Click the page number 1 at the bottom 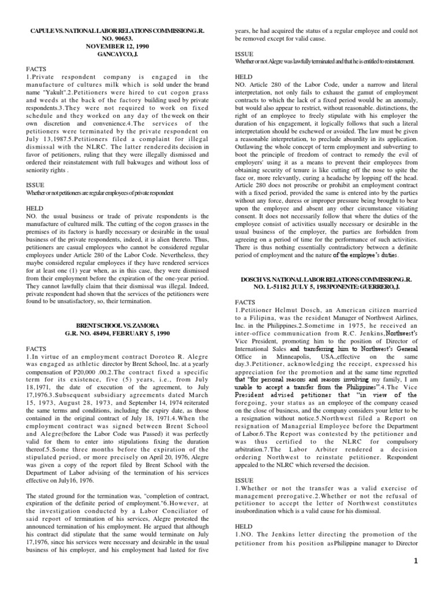(x=431, y=577)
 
